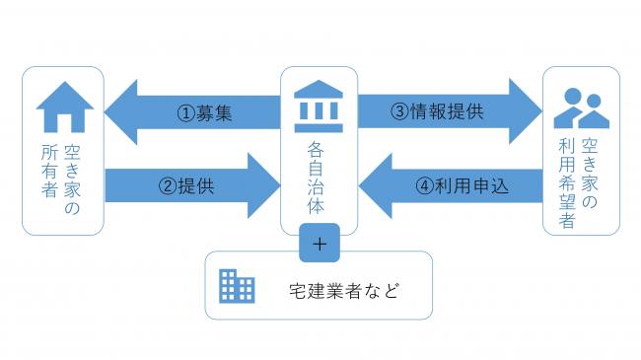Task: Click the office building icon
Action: pos(237,286)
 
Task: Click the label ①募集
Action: pos(205,112)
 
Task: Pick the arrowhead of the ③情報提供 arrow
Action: pos(524,111)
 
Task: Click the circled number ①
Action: pos(185,112)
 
